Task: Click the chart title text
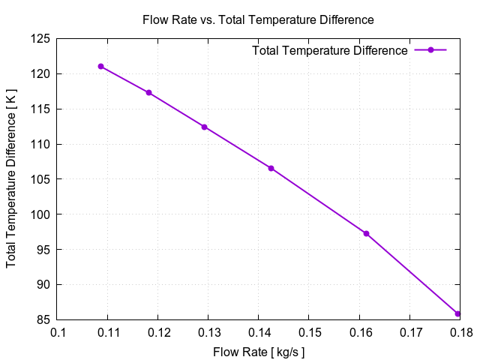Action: point(258,19)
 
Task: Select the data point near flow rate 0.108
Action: point(100,67)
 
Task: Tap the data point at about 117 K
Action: point(148,92)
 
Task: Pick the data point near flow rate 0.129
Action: point(204,127)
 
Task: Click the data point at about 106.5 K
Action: point(271,168)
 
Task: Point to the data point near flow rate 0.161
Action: point(366,233)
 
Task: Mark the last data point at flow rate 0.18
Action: point(458,313)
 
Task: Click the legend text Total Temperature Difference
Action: point(330,51)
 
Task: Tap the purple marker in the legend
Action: point(430,50)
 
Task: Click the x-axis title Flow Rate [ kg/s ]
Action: point(259,350)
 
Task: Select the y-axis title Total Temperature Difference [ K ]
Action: point(12,180)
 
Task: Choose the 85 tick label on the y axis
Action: point(43,319)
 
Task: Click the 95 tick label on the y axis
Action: point(43,250)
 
